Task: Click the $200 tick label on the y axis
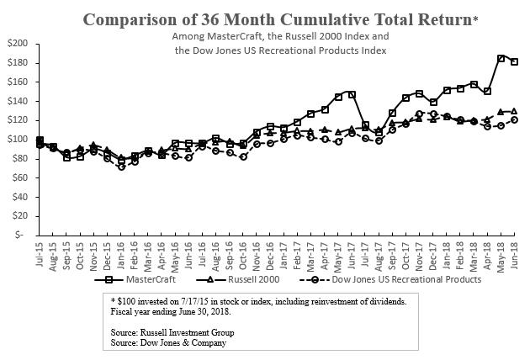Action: (17, 44)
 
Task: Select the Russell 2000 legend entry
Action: (244, 279)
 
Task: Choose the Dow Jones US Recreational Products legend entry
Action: (394, 279)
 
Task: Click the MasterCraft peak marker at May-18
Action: (501, 58)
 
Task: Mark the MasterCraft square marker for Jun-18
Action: (514, 61)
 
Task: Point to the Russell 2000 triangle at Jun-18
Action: (514, 111)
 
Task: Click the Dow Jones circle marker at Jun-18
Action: (514, 119)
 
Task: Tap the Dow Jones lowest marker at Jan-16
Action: (121, 167)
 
